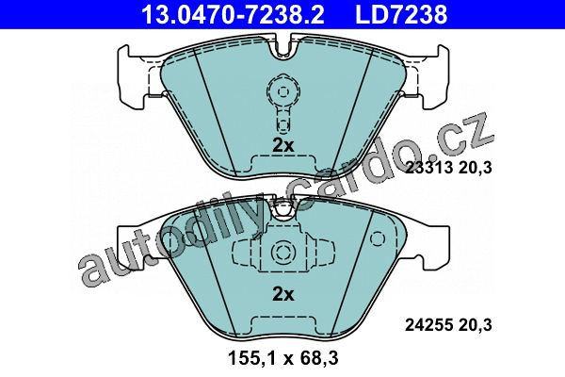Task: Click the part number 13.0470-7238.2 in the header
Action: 233,14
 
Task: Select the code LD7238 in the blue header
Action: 401,14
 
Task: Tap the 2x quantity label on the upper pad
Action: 283,145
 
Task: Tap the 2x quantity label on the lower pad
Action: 283,294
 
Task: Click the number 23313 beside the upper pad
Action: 428,168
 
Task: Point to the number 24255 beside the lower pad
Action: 428,325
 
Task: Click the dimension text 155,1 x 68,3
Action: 283,358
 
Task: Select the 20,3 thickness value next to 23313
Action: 476,168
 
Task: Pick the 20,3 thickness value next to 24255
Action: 476,325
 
